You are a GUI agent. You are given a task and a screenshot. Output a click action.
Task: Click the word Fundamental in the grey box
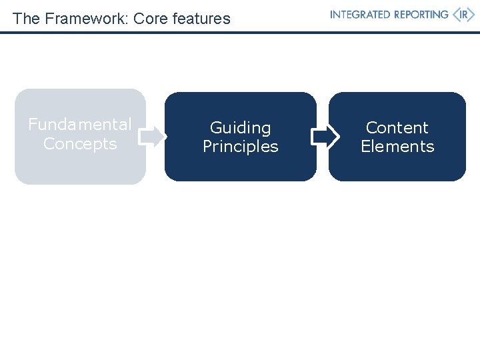80,125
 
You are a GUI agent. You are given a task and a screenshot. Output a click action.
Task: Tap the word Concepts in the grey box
80,144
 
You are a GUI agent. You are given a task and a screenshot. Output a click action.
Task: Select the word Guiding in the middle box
241,128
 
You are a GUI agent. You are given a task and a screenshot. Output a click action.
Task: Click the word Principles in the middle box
241,147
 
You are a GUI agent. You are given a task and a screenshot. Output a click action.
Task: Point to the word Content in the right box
397,127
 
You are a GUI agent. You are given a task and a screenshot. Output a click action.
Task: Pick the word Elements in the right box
397,147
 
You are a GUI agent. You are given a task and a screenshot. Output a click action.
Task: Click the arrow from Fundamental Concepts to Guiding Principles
153,137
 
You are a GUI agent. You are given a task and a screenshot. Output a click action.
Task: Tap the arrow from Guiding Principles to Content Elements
325,137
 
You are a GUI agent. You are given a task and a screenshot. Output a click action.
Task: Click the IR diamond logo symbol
463,15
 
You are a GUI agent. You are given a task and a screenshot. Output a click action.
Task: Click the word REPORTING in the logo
419,15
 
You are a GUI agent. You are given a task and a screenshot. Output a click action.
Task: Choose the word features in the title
201,19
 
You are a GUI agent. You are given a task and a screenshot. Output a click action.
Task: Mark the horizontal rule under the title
240,32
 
